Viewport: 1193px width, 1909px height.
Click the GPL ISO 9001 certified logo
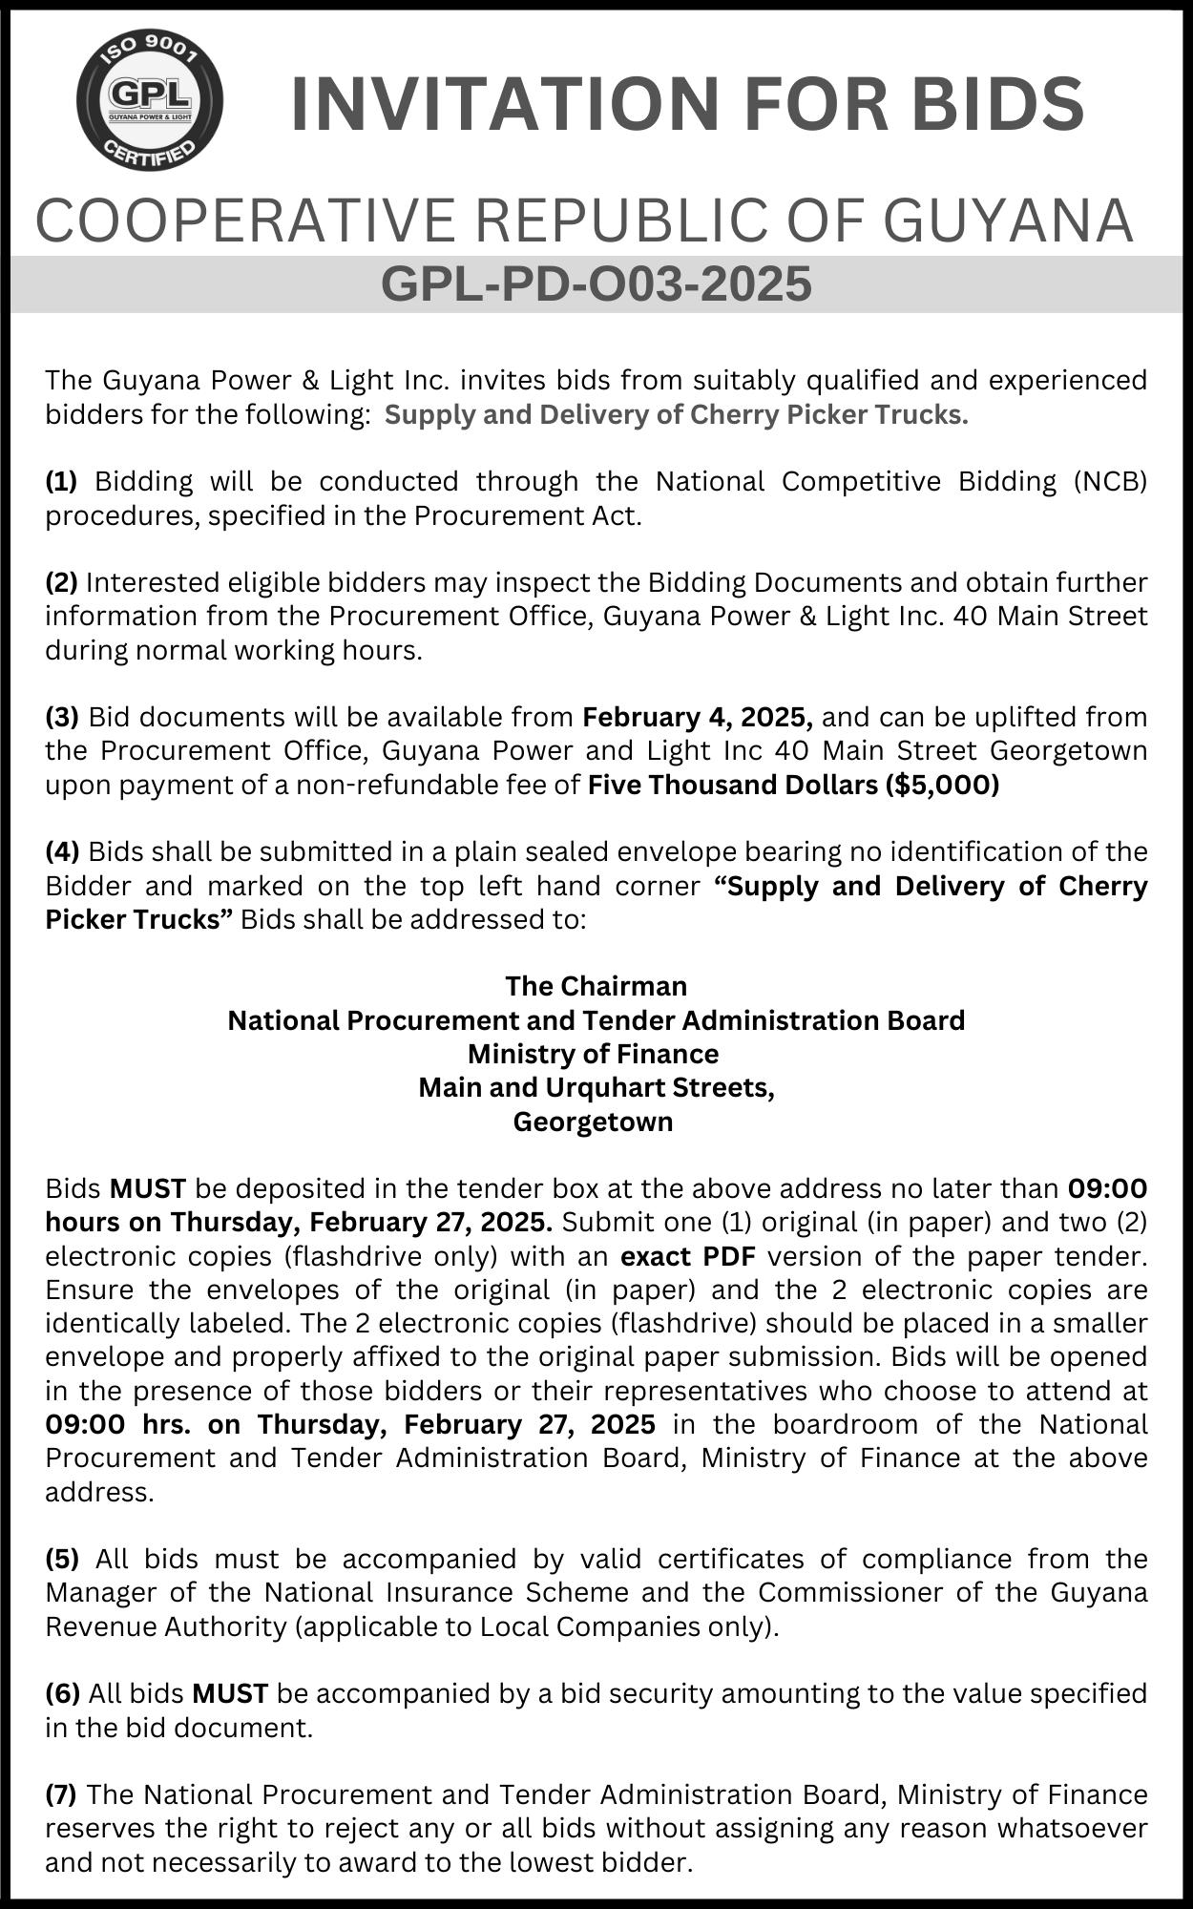click(x=150, y=99)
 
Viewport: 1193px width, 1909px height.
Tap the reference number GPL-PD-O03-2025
click(x=596, y=283)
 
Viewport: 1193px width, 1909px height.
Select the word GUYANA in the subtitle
click(x=1008, y=220)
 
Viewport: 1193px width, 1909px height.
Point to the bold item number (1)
click(x=61, y=481)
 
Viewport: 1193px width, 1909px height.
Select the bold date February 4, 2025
click(x=698, y=717)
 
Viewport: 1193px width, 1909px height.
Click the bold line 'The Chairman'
click(x=596, y=985)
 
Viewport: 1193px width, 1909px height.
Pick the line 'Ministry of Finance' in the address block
click(x=593, y=1054)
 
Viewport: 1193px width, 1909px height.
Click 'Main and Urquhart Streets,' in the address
click(x=596, y=1087)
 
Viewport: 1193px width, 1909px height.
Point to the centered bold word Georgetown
click(x=593, y=1122)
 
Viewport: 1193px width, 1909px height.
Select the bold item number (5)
click(x=62, y=1559)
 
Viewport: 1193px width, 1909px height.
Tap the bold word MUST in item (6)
click(x=230, y=1693)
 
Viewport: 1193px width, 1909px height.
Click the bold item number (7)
click(x=61, y=1794)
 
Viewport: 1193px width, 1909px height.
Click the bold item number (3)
click(x=61, y=717)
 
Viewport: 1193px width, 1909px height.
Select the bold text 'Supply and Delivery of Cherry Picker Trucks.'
click(x=677, y=415)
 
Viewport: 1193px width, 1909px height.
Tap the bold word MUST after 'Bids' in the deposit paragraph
click(x=148, y=1189)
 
